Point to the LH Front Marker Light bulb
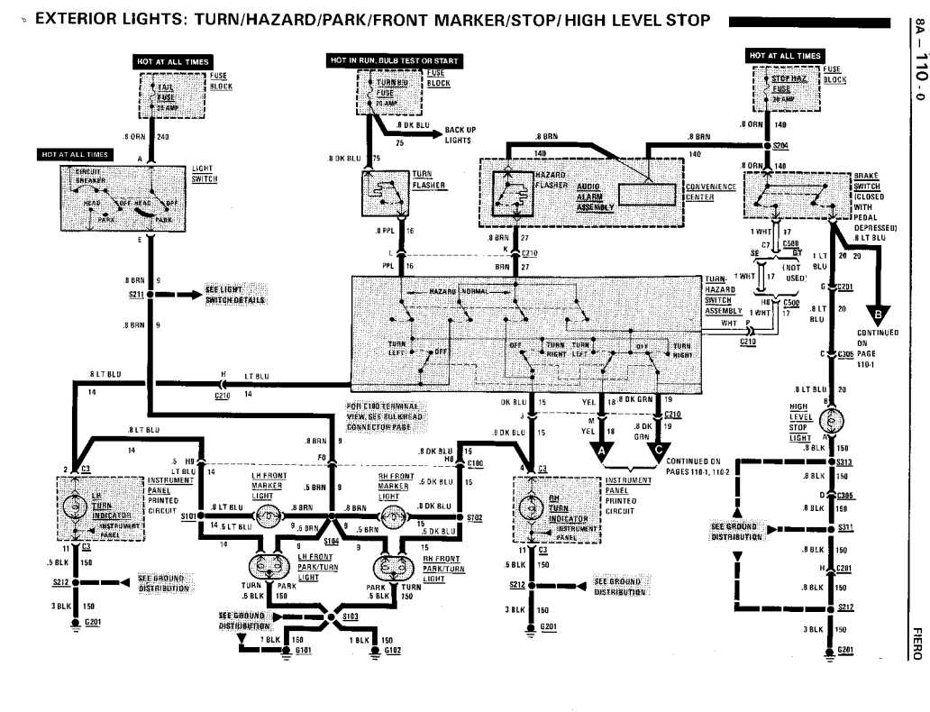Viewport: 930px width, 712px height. click(268, 516)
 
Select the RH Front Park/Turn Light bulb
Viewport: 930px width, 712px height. click(392, 567)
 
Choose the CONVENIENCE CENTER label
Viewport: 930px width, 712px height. click(711, 191)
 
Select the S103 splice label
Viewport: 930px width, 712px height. click(350, 616)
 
